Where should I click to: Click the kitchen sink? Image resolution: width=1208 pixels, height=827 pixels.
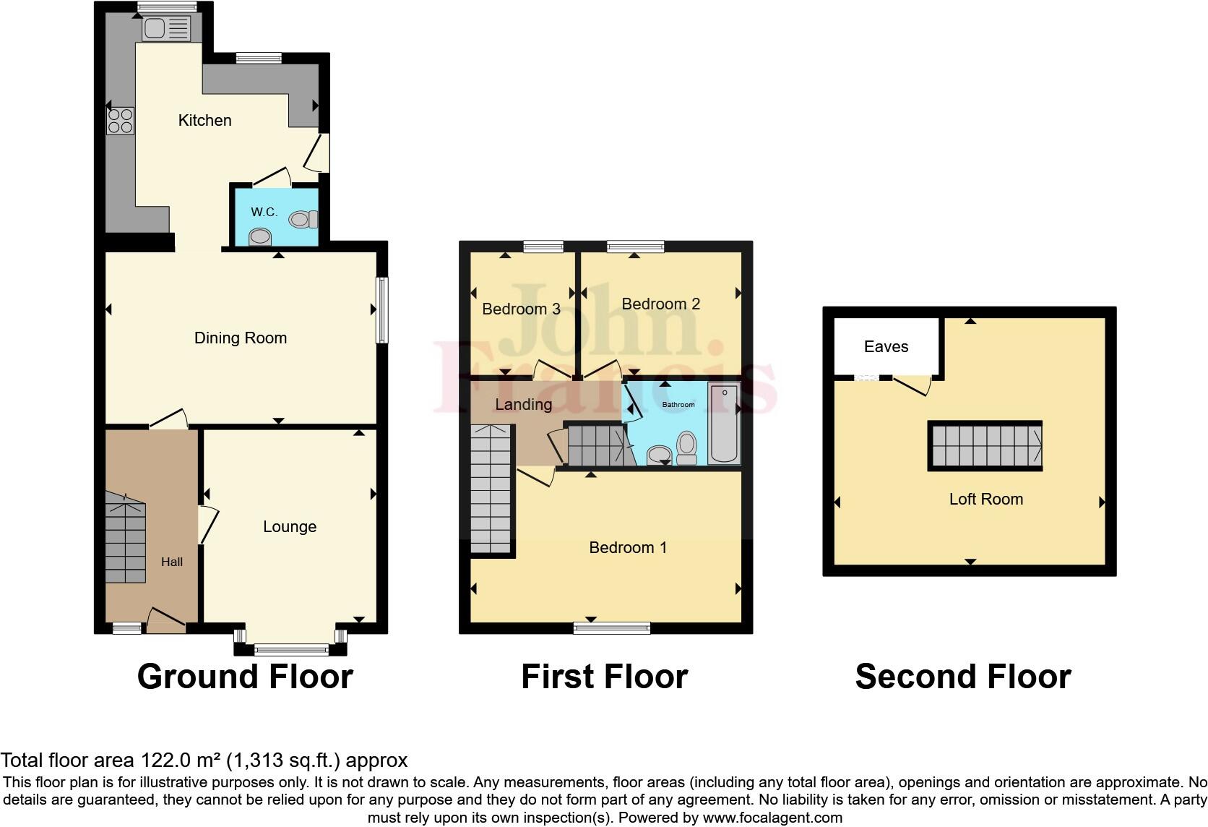(166, 29)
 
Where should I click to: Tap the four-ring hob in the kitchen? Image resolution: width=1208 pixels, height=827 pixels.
(121, 121)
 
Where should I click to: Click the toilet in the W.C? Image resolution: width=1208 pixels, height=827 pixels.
(303, 218)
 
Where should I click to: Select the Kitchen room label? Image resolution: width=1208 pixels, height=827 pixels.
(204, 121)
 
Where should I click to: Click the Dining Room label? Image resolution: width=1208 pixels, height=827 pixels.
(241, 338)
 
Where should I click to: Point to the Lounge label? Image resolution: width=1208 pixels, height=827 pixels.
(290, 527)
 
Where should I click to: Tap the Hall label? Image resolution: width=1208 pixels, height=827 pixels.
(172, 562)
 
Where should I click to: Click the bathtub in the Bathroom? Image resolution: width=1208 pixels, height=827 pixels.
(723, 424)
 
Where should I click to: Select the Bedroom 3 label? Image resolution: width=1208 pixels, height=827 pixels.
(521, 309)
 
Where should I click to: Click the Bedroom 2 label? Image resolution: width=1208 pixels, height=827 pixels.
(660, 304)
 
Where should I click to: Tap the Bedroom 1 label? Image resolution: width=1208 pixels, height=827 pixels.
(628, 548)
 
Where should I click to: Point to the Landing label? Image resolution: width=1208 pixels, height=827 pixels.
(523, 405)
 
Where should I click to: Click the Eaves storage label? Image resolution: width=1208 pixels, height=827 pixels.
(886, 347)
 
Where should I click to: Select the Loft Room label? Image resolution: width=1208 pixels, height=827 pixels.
(985, 500)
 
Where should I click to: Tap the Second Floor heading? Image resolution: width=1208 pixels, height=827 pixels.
(962, 677)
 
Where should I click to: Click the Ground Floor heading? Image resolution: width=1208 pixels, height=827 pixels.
(245, 677)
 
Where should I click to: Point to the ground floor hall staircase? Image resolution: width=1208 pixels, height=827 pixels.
(126, 539)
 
